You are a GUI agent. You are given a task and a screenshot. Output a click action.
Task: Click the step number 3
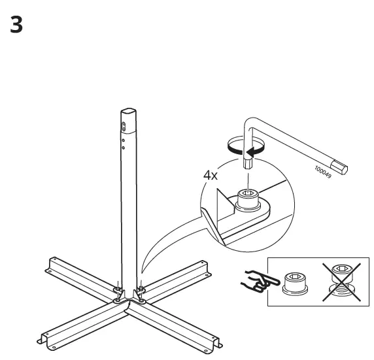click(17, 26)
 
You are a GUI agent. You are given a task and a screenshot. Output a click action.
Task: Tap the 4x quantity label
click(211, 175)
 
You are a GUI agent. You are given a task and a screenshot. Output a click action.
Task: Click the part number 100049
click(322, 172)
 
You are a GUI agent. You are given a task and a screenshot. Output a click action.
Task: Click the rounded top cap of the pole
click(128, 114)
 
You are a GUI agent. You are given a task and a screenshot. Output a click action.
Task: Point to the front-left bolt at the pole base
click(116, 291)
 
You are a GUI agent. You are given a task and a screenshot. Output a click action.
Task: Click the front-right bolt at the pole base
click(140, 291)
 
